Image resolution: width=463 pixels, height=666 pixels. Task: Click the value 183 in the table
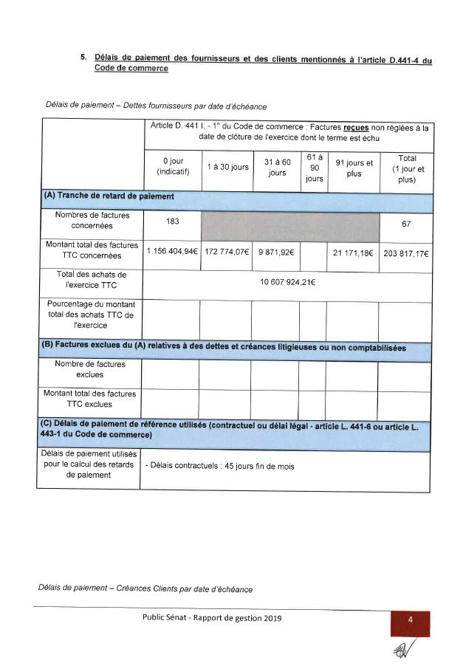173,222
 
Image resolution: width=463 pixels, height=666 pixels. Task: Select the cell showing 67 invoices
406,224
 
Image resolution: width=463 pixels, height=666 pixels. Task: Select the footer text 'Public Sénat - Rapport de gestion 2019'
212,618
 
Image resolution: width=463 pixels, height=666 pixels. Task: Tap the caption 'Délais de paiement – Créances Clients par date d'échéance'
145,588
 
